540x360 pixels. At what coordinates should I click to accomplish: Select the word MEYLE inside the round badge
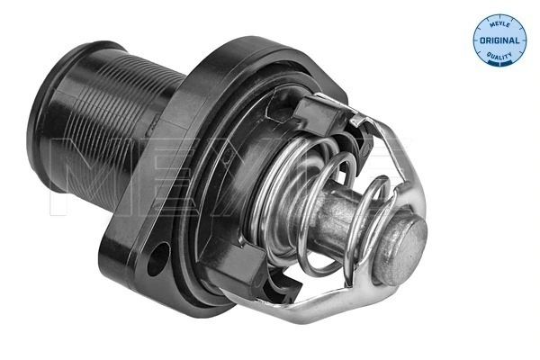(x=499, y=24)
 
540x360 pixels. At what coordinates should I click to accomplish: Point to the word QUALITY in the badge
(x=499, y=58)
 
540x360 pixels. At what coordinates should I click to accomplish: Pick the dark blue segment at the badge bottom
(x=499, y=64)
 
